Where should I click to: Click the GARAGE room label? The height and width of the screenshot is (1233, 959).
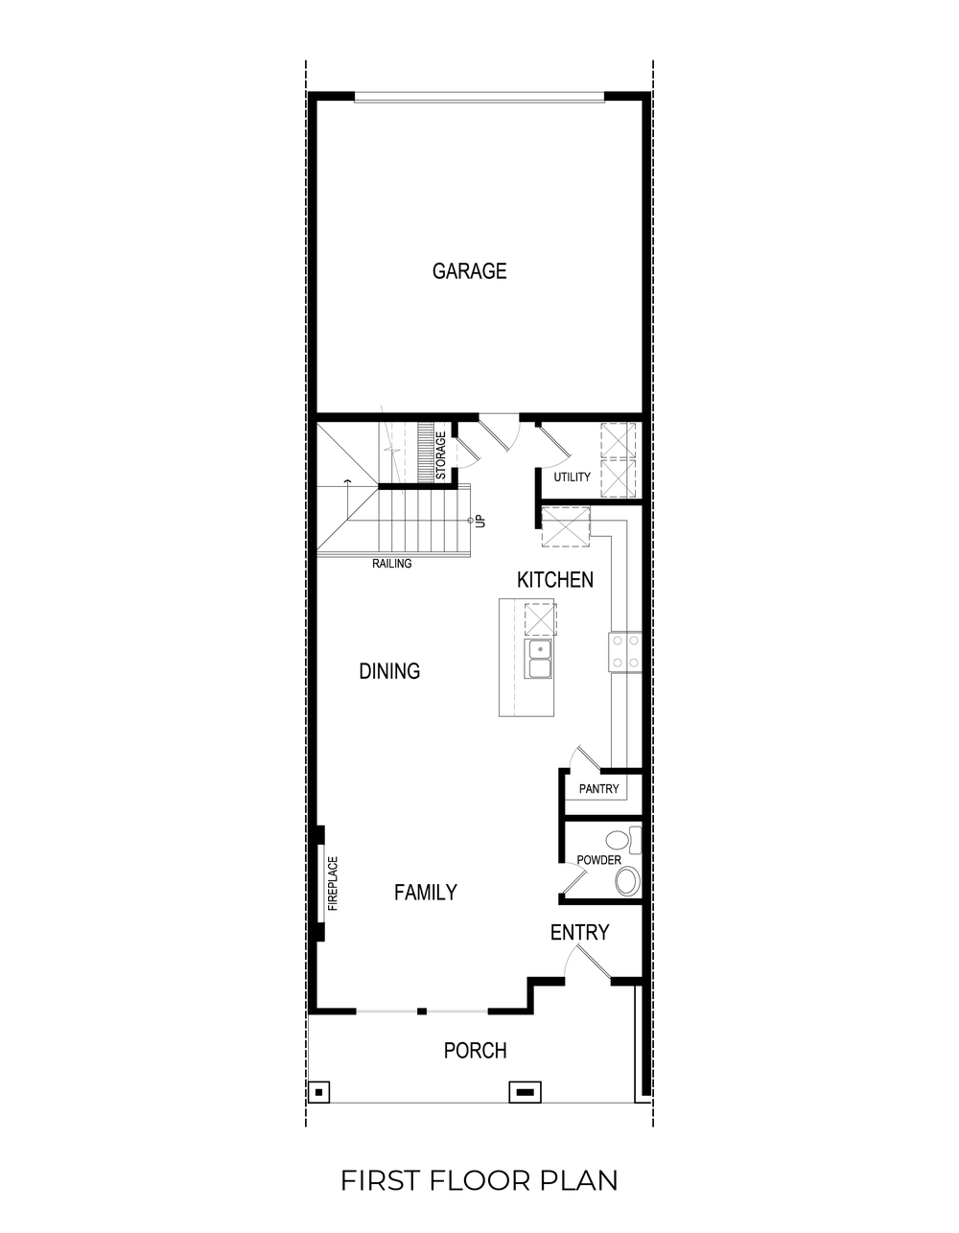(x=469, y=271)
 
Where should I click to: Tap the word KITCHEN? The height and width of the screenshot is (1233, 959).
(x=554, y=580)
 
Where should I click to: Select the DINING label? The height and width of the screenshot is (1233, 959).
(x=389, y=671)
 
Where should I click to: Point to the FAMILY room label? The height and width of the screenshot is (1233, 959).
(x=425, y=893)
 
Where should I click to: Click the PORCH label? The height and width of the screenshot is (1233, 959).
(x=475, y=1051)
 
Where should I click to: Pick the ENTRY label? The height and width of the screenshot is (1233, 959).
(x=579, y=933)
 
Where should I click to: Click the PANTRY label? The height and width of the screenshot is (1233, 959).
(x=599, y=790)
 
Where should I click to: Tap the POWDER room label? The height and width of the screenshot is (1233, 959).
(x=598, y=860)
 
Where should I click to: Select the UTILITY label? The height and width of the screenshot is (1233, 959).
(x=572, y=477)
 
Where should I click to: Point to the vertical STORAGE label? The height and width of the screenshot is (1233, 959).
(x=441, y=456)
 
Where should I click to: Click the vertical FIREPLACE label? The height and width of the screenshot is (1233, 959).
(x=334, y=882)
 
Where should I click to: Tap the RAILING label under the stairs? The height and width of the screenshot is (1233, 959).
(x=392, y=564)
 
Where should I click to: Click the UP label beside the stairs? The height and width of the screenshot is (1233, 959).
(x=481, y=522)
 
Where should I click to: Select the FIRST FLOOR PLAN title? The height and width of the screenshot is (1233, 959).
(x=479, y=1180)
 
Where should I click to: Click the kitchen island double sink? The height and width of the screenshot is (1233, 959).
(x=539, y=659)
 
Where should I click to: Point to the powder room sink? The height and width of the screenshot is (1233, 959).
(x=628, y=880)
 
